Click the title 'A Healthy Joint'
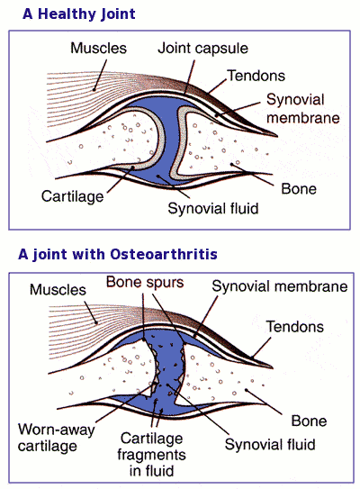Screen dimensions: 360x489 coord(79,14)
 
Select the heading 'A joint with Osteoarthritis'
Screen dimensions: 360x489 coord(118,254)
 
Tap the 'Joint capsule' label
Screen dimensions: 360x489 coord(202,49)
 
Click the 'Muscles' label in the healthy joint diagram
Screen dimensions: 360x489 coord(98,49)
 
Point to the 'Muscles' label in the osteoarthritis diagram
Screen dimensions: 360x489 coord(58,290)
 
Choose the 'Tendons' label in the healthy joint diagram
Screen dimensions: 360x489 coord(256,76)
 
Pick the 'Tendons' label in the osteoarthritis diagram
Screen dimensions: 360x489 coord(295,327)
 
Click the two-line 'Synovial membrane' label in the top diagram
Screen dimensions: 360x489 coord(303,109)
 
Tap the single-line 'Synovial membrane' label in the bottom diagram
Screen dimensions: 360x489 coord(280,286)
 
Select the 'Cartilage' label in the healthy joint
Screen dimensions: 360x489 coord(73,197)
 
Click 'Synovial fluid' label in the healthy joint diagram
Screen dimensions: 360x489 coord(213,208)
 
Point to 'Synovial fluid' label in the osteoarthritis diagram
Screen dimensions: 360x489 coord(270,444)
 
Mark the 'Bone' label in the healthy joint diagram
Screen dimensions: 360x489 coord(299,189)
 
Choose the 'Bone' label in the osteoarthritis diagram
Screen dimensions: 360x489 coord(309,421)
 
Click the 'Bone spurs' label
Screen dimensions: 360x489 coord(145,283)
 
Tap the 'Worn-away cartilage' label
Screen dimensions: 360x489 coord(56,438)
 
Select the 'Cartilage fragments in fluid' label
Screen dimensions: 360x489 coord(152,455)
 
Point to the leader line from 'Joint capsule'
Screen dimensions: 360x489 coord(190,77)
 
